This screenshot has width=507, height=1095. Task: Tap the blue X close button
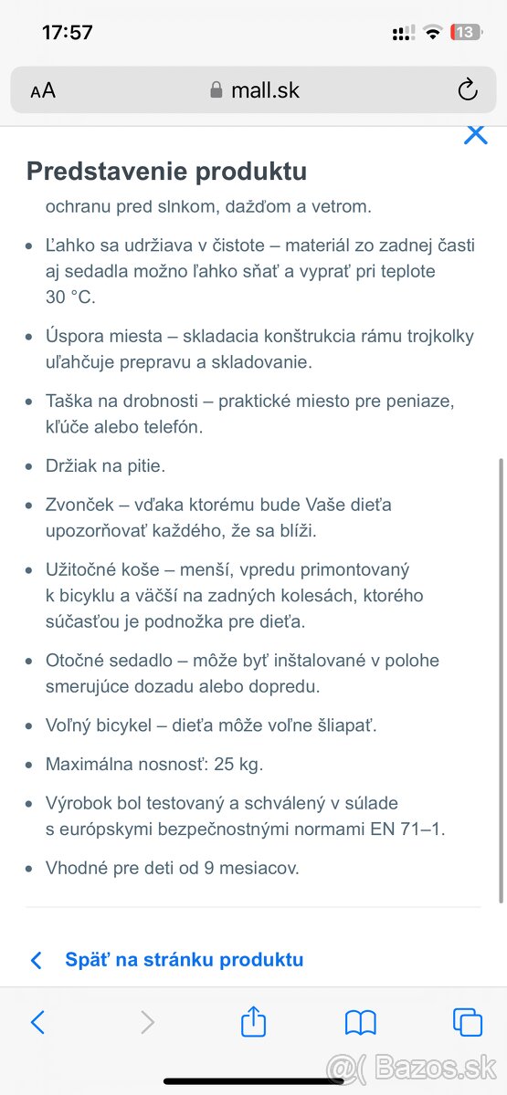[475, 135]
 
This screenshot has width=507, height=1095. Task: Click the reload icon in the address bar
[467, 89]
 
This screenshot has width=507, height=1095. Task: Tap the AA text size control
[43, 90]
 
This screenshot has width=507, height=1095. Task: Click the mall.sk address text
[265, 90]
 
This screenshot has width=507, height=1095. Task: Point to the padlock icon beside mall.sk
[217, 89]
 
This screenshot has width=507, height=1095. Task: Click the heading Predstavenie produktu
[166, 172]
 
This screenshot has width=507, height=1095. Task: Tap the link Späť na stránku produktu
[184, 960]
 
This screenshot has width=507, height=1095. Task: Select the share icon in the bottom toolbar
[253, 1022]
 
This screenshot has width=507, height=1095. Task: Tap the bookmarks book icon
[361, 1022]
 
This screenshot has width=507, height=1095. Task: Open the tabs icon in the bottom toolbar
[468, 1022]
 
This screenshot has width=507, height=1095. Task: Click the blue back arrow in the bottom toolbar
[37, 1022]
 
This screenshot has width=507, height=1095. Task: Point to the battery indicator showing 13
[465, 33]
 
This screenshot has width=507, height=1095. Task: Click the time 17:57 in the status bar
[68, 33]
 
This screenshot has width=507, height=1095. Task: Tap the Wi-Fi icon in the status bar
[433, 33]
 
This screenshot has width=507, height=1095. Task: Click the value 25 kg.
[238, 765]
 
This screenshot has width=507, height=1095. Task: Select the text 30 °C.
[70, 297]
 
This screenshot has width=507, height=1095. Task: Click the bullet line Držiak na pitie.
[105, 465]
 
